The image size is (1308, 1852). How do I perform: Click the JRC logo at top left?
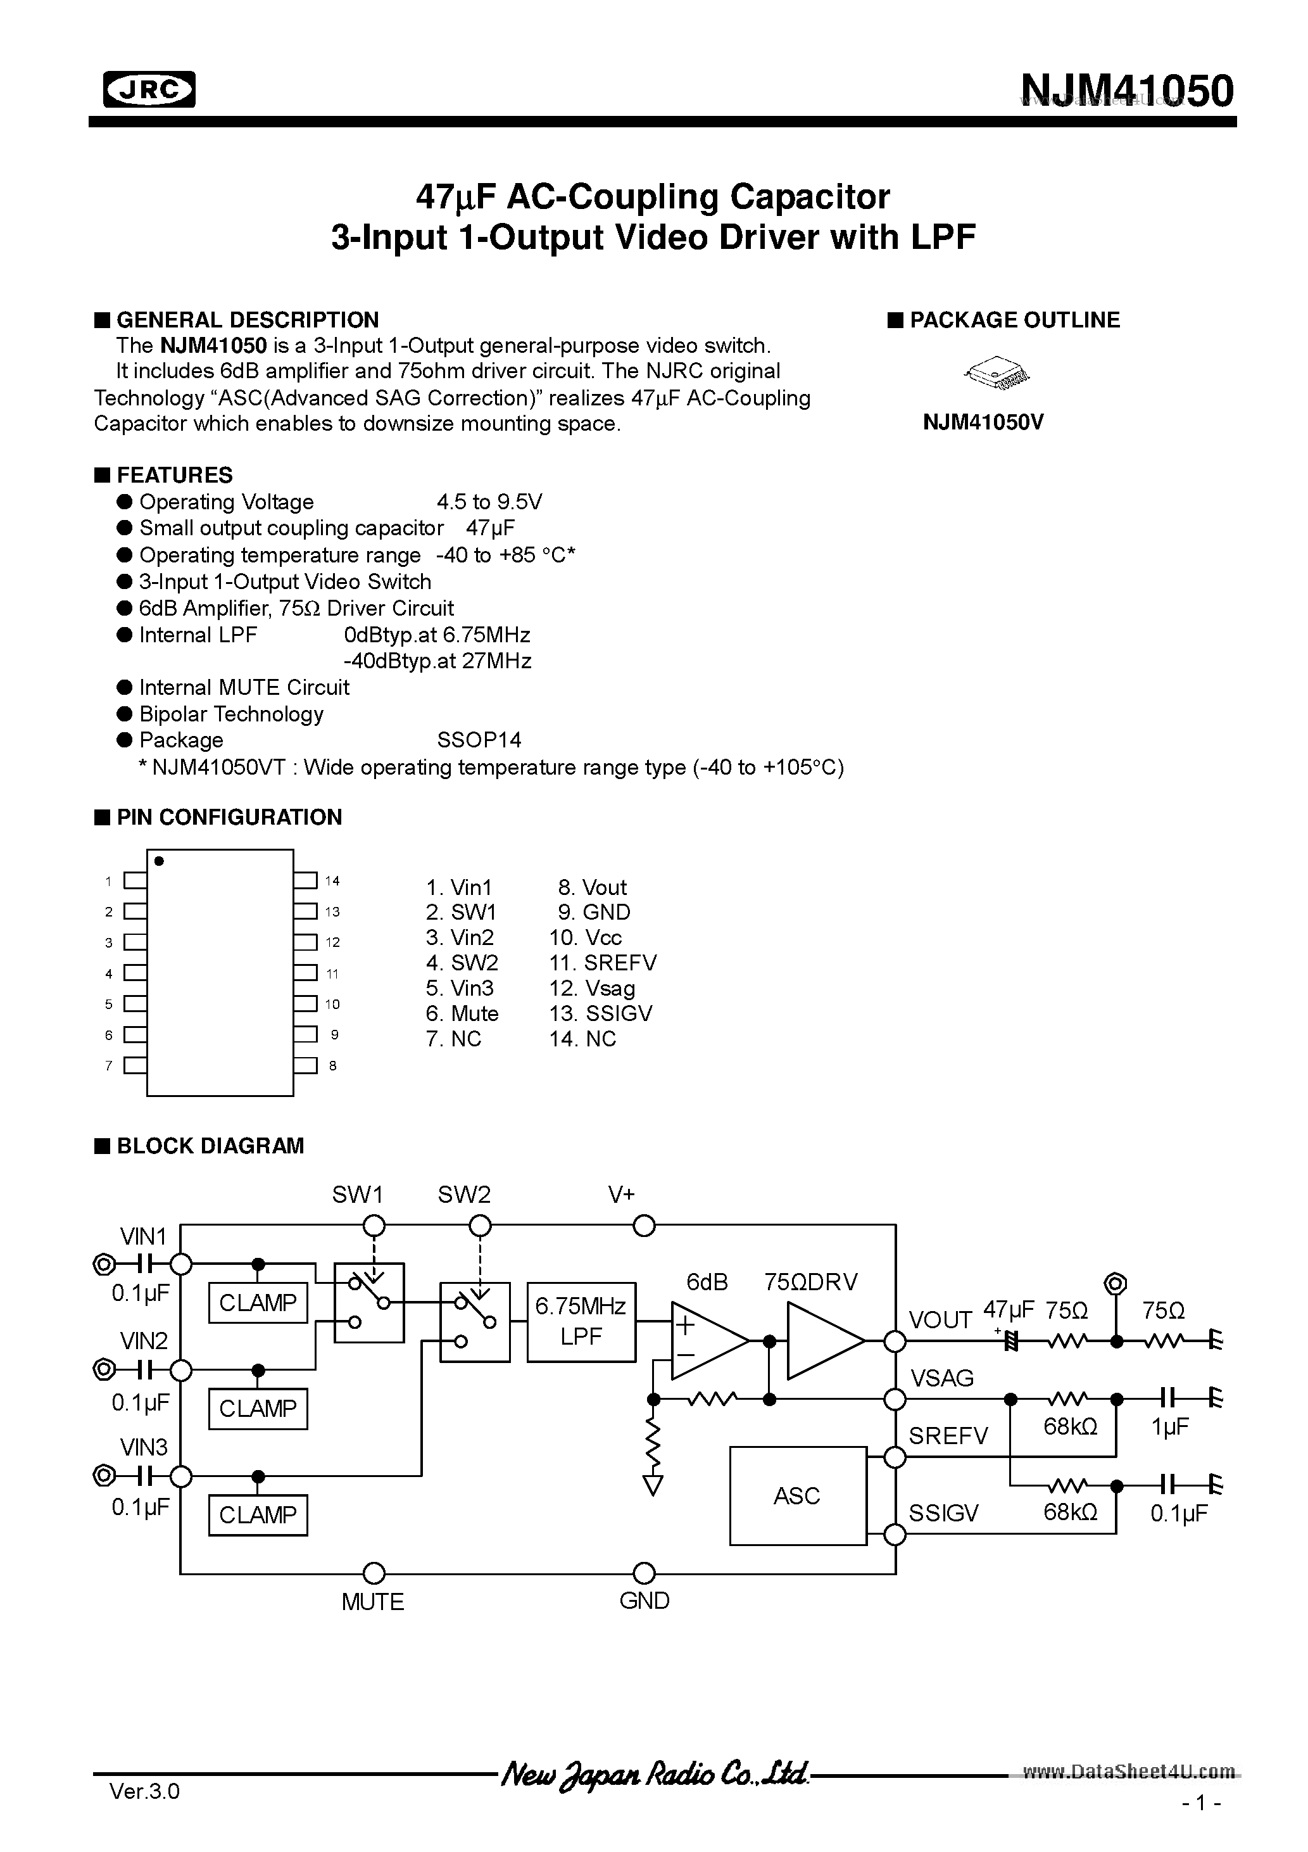pos(149,89)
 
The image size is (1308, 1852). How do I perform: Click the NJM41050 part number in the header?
pos(1126,91)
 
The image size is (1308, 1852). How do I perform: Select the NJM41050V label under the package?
pos(983,422)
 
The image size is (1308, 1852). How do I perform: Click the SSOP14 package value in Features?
pos(479,740)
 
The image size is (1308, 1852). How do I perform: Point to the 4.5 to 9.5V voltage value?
pos(489,502)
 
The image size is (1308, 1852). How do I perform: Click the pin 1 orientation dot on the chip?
pos(159,861)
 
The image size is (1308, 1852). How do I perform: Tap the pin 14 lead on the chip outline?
pos(305,881)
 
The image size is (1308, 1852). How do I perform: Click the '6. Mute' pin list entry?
pos(462,1013)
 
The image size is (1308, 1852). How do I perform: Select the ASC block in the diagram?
pos(796,1495)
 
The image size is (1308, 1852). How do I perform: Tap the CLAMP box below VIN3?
pos(258,1515)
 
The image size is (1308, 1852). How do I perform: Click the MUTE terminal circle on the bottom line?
pos(374,1573)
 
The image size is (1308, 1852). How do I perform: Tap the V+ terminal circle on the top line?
pos(643,1226)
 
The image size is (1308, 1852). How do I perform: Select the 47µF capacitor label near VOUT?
pos(1008,1309)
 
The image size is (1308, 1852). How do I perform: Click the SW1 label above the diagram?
pos(357,1195)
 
